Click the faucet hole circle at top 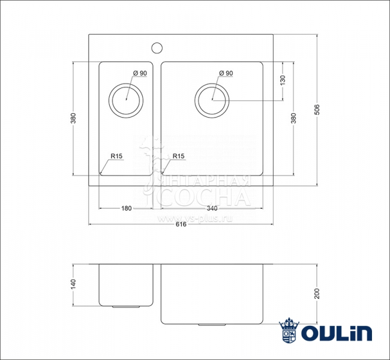point(158,47)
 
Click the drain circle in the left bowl point(126,98)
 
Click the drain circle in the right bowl point(212,98)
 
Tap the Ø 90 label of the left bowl point(140,73)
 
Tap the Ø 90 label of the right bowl point(226,73)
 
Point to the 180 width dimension point(126,208)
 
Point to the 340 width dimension point(212,208)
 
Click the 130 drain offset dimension point(282,80)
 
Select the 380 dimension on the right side point(293,118)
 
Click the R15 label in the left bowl point(116,157)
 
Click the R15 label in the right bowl point(178,157)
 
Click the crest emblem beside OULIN point(289,331)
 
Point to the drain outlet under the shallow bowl point(127,307)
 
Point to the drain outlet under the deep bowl point(211,325)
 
